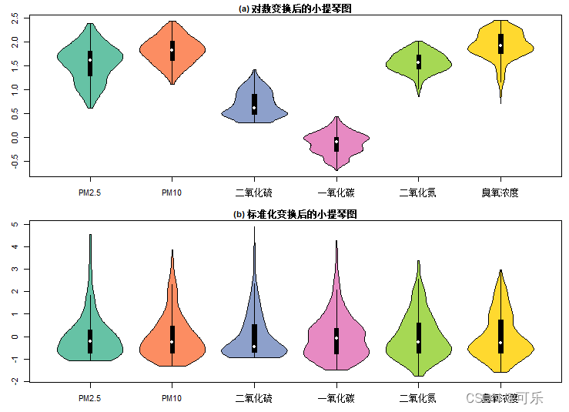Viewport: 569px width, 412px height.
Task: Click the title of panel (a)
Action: click(300, 8)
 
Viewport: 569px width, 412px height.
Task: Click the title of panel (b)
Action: click(295, 214)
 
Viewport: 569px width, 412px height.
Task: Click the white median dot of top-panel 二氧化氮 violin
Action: click(419, 62)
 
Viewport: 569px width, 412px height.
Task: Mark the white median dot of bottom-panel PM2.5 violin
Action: click(90, 340)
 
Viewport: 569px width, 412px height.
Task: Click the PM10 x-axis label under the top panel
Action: click(172, 193)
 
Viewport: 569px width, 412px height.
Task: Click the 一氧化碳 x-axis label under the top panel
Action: click(336, 193)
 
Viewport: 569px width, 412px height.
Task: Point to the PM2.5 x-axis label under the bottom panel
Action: click(90, 398)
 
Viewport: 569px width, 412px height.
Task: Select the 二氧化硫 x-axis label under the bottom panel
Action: click(254, 398)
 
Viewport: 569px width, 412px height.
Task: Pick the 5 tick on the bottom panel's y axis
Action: click(15, 225)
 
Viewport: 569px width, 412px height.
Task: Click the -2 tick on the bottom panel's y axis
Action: click(15, 381)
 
